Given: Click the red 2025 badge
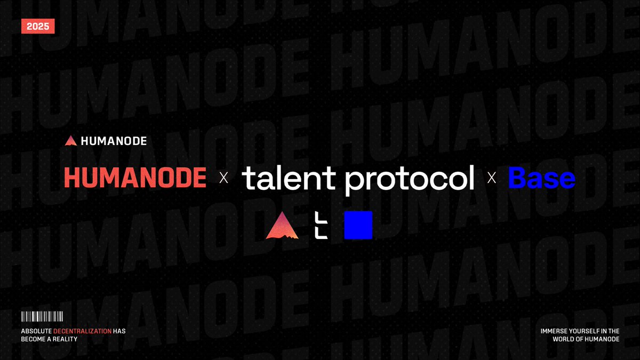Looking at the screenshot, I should tap(38, 26).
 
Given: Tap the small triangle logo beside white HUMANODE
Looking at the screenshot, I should tap(71, 141).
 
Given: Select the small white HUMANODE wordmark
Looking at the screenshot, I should tap(114, 141).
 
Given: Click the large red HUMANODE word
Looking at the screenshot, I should tap(135, 178).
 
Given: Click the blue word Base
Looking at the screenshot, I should tap(541, 178).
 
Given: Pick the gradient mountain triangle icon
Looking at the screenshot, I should tap(283, 226).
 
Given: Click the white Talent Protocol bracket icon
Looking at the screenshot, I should tap(321, 226).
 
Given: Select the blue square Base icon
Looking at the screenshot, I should tap(358, 225).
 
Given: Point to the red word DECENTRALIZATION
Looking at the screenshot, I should tap(82, 331).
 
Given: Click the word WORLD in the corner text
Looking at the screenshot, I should tap(551, 339).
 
